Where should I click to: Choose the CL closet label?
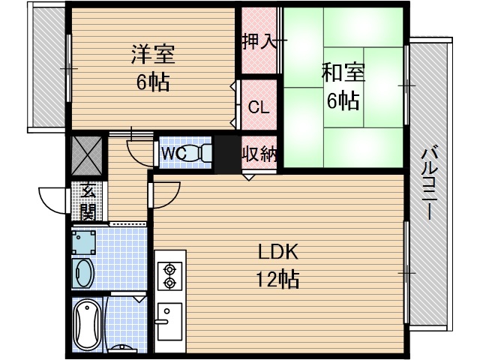(259, 106)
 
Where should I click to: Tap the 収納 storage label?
(259, 154)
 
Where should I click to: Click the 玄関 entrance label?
(87, 201)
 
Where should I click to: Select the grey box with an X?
(88, 155)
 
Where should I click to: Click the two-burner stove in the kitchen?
(169, 274)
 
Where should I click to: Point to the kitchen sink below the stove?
(168, 320)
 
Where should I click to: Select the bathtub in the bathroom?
(88, 325)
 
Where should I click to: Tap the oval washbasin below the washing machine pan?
(82, 273)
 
